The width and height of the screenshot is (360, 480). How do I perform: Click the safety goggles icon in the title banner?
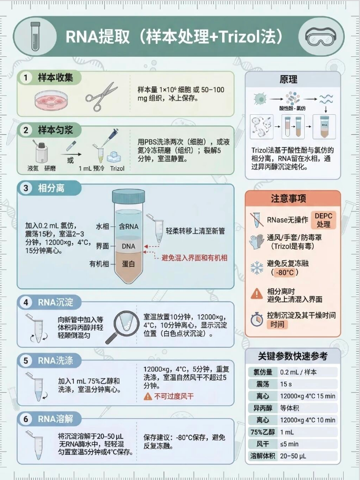321,36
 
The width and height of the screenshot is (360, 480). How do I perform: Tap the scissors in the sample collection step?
102,96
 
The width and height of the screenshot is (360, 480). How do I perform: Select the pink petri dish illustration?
52,100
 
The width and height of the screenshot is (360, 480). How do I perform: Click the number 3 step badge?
26,188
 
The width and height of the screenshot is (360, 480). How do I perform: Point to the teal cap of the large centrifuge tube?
128,196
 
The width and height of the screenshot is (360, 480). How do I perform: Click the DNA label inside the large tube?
128,246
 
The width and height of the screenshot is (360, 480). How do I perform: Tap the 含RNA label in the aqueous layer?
128,226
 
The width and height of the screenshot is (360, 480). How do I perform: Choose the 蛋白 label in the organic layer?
128,264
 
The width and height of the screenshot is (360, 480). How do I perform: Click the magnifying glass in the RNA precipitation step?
123,327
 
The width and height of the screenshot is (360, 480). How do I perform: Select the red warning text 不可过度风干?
174,396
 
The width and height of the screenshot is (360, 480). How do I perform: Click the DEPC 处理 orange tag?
323,220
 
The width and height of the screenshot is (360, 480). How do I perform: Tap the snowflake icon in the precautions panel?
257,267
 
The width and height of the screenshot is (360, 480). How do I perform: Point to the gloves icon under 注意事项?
256,242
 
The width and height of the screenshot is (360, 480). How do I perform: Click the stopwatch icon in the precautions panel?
256,319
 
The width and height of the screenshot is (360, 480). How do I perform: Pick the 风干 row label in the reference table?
263,444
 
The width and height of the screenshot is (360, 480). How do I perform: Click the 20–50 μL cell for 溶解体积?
293,456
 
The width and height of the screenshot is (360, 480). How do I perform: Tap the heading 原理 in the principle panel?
288,79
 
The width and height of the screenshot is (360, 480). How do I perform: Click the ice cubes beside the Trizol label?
114,157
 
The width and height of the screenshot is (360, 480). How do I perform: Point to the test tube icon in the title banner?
35,36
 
